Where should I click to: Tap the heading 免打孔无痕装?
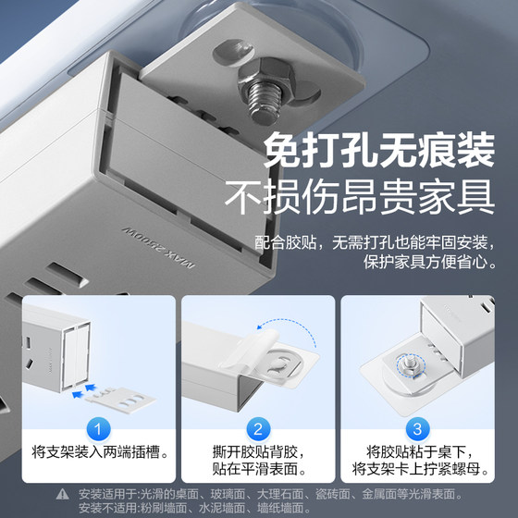(379, 150)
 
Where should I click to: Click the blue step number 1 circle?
(99, 428)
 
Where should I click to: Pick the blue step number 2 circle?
(259, 428)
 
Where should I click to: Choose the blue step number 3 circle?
(418, 428)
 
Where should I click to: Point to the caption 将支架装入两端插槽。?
(99, 453)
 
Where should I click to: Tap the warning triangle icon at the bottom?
(62, 493)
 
